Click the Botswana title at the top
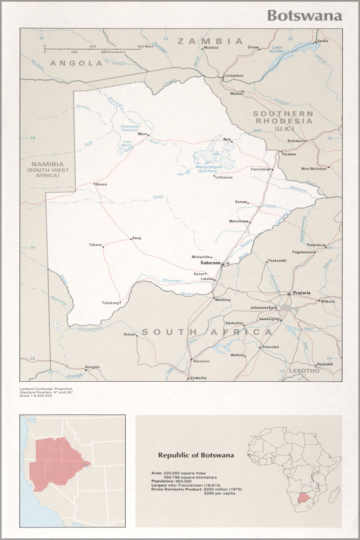click(304, 15)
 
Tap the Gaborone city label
click(210, 263)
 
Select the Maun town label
click(142, 134)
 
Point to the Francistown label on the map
click(260, 169)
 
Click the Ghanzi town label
click(101, 184)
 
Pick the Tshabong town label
click(110, 303)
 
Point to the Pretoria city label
click(302, 293)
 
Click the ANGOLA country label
click(76, 63)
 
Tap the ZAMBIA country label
click(210, 41)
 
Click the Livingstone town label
click(234, 76)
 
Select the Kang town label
click(137, 238)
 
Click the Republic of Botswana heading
click(195, 455)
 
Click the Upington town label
click(92, 367)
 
